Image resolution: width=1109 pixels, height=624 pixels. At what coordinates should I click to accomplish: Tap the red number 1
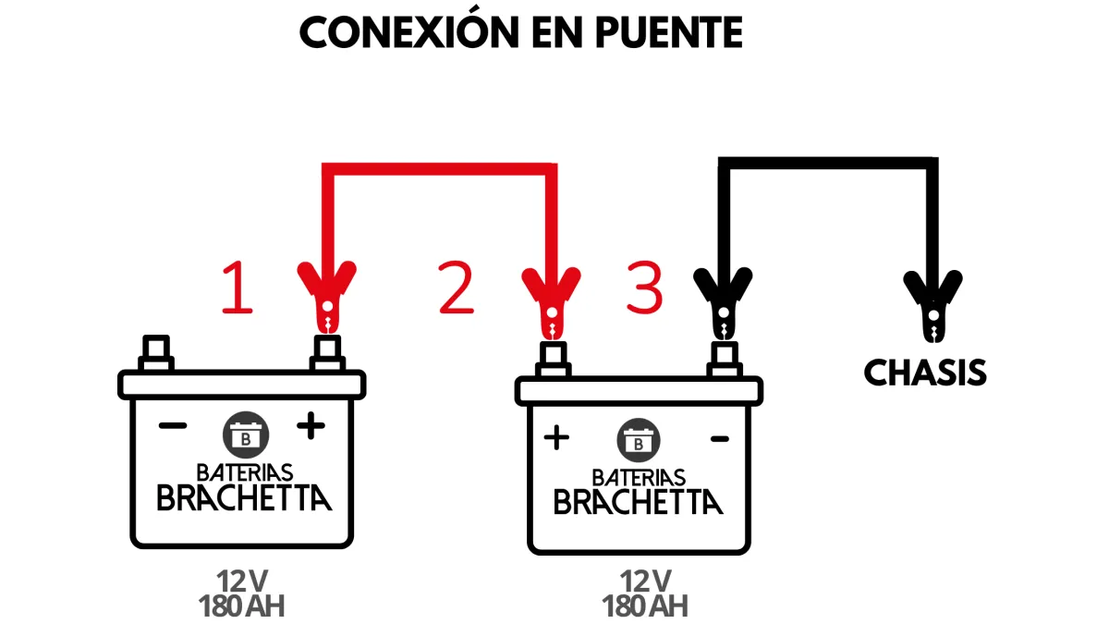point(237,288)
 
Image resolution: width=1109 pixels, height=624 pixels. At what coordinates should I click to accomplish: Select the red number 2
point(457,288)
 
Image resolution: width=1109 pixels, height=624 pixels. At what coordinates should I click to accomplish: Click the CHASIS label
point(925,373)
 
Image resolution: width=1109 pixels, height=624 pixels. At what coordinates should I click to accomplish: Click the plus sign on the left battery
point(311,426)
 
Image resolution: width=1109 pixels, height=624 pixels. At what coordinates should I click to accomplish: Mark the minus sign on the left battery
point(173,426)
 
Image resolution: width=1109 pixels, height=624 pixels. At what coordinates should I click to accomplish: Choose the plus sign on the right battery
point(556,437)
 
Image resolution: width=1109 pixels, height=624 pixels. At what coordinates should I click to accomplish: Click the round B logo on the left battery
point(244,434)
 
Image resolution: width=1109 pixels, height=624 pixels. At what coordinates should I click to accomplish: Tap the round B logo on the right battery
point(639,442)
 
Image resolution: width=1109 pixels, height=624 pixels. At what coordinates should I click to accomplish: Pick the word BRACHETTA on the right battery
point(638,502)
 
